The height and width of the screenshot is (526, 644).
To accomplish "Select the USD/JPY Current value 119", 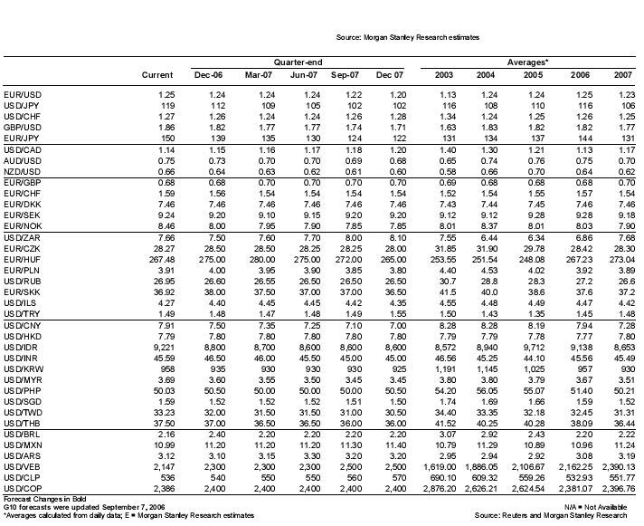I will (166, 105).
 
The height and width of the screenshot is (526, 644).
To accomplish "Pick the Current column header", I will (157, 74).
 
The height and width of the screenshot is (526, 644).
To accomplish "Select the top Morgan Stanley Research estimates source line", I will (407, 37).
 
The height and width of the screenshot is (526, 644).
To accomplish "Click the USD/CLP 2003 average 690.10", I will (438, 473).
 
